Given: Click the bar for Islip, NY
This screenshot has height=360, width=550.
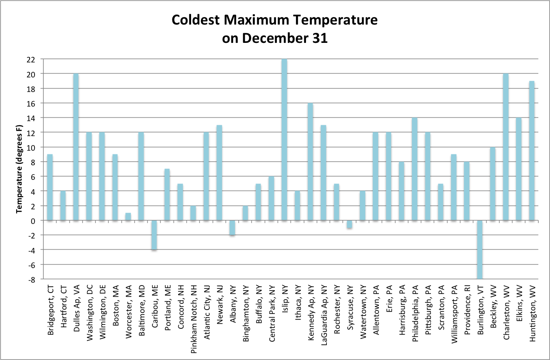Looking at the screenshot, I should (x=284, y=139).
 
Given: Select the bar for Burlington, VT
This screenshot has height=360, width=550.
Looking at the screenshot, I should (x=480, y=249).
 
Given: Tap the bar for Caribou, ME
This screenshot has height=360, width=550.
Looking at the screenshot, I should (x=154, y=235).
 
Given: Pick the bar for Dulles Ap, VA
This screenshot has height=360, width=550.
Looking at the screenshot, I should (x=76, y=147).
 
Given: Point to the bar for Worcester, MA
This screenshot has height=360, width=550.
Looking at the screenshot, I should (x=128, y=216).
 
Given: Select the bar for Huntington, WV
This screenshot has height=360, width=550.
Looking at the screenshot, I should (x=532, y=150).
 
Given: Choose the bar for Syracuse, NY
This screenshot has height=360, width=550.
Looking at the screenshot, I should (x=349, y=224).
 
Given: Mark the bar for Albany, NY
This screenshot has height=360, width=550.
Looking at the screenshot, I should (x=232, y=228).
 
